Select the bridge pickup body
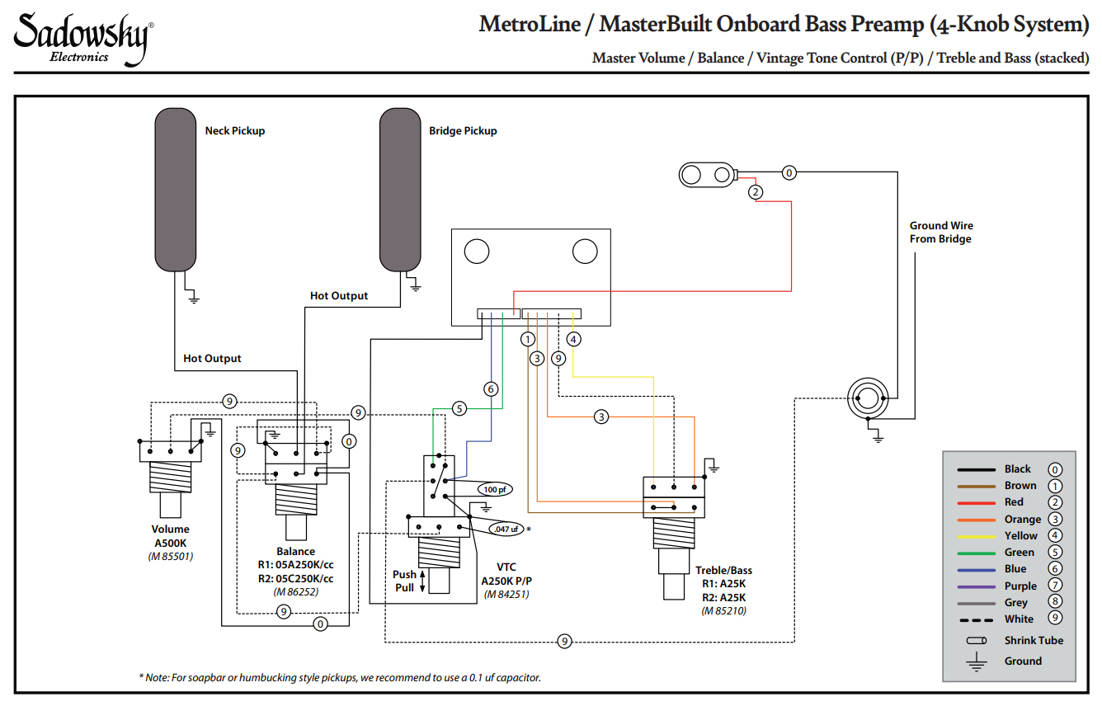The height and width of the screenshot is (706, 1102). pos(400,191)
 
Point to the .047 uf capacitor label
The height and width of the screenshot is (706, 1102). pos(506,529)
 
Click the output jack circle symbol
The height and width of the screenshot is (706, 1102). pos(869,399)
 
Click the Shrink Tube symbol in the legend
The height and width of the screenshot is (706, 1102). pos(976,641)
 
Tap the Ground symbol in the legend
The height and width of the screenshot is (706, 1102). pos(976,660)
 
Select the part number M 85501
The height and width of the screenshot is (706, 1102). pos(171,557)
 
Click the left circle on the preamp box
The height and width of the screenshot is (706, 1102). pos(477,251)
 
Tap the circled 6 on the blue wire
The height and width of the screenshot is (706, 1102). pos(491,388)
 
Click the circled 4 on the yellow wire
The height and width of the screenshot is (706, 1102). pos(573,339)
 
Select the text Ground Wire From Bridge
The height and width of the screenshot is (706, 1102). pos(941,233)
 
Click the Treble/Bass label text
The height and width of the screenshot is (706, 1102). pos(723,570)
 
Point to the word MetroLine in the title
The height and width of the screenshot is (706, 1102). pos(530,24)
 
